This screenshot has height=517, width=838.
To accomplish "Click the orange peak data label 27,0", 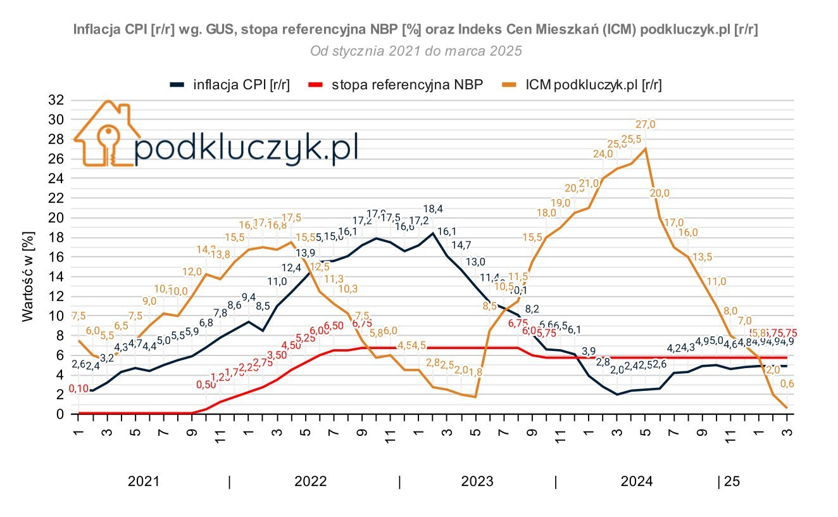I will pos(646,124).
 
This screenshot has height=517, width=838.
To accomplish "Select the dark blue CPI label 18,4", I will pos(433,209).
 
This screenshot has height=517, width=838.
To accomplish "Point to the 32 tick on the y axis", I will pos(57,100).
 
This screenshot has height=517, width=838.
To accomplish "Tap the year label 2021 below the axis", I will pos(144,482).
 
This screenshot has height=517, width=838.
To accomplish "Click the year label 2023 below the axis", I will pos(477,482).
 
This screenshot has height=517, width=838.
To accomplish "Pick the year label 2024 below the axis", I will pos(636,482).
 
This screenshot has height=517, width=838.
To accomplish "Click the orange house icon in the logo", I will pos(106,134).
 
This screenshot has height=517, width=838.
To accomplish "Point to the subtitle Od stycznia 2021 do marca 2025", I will pos(416,51).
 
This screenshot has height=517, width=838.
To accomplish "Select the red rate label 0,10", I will pos(78,388).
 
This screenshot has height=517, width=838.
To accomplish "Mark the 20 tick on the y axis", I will pos(57,218).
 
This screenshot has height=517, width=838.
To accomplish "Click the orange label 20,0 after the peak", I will pos(660,193).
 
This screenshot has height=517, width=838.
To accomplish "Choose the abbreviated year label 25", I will pos(732,482).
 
